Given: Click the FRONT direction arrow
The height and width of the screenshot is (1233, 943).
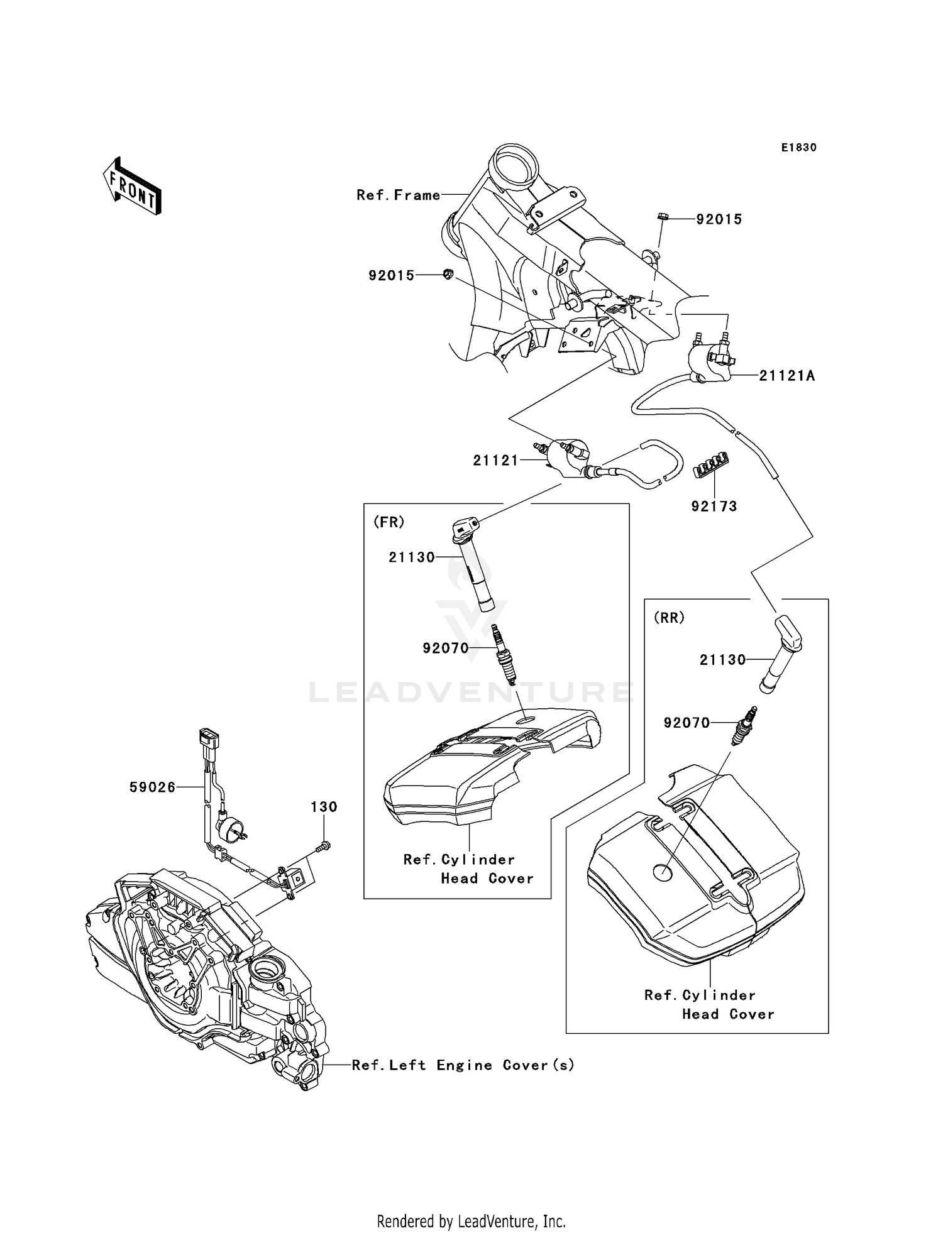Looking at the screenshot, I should [132, 186].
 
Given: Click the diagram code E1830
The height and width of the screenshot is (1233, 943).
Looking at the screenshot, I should [798, 148].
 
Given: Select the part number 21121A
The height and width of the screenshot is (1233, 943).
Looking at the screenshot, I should [786, 376].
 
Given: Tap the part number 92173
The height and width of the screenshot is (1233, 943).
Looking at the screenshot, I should [714, 506].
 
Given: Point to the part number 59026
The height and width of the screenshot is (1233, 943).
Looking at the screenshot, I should [152, 787].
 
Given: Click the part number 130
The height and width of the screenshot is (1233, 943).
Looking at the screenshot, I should [324, 806].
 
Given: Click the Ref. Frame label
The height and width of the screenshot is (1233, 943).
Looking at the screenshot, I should [399, 195].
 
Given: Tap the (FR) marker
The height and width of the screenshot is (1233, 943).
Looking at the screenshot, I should [389, 522].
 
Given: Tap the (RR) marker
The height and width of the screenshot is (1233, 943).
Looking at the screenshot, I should [669, 618].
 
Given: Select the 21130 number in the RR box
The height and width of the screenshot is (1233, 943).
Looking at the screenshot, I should [722, 660].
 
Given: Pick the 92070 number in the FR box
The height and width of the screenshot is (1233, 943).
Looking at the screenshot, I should [446, 648].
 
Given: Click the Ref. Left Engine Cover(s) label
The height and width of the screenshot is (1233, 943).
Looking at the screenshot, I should [463, 1065].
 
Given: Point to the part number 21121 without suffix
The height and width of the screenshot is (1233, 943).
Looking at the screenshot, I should [495, 461].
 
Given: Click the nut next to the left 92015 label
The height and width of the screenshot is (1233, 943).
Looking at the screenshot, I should [448, 274].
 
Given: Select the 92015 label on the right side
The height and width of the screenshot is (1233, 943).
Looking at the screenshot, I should [719, 219].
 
